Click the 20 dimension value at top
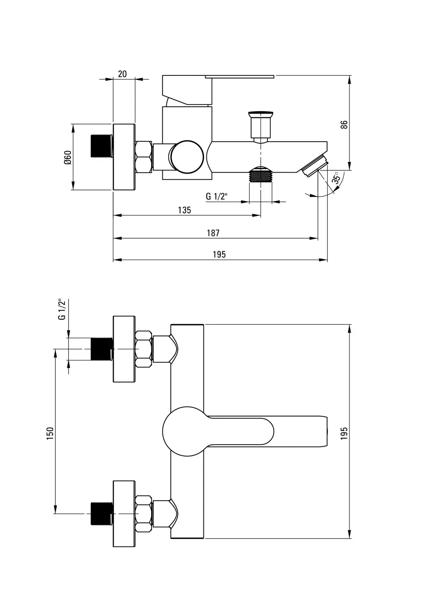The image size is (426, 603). click(122, 74)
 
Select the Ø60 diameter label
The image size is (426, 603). click(67, 157)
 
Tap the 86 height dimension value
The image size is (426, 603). click(344, 124)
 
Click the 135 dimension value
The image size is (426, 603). click(185, 210)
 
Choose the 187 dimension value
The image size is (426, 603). click(213, 233)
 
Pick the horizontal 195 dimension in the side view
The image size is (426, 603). click(219, 255)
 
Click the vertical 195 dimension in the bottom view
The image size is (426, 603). click(344, 433)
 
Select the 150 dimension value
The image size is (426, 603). click(50, 433)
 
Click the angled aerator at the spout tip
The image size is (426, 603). click(315, 165)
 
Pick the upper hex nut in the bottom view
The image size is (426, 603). click(144, 349)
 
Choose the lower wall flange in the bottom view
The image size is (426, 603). click(124, 513)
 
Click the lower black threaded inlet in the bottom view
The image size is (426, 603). click(102, 513)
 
